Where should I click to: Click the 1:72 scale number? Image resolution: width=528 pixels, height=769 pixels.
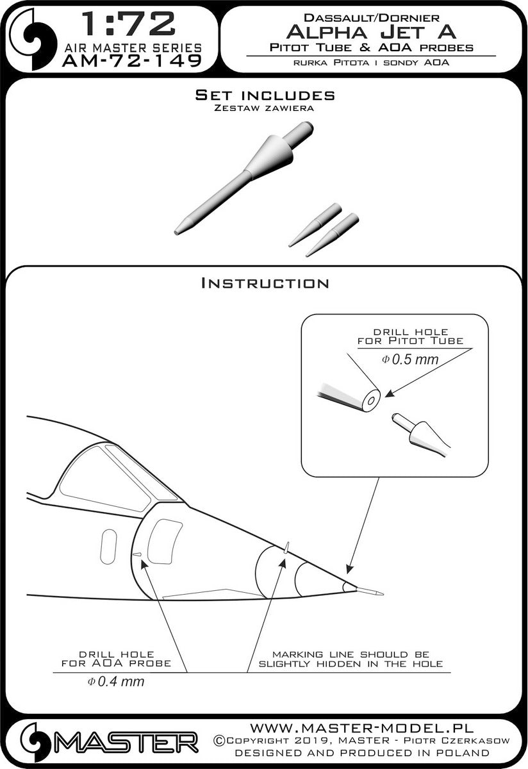[129, 24]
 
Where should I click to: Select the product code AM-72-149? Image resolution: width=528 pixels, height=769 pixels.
[132, 61]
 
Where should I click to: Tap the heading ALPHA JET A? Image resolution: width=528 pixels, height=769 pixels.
[371, 32]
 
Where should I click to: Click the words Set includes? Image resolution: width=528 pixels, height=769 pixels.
[265, 95]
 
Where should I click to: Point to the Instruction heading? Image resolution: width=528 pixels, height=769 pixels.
[265, 283]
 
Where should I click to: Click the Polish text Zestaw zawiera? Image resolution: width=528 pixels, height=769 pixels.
[263, 108]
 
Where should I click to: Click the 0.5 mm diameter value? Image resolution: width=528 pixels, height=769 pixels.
[410, 360]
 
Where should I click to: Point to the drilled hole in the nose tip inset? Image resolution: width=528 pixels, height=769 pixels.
[371, 401]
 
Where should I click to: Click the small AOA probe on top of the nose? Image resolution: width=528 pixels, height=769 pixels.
[286, 547]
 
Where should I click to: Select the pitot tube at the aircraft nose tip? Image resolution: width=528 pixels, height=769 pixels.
[370, 591]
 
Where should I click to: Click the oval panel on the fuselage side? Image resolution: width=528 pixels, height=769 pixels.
[108, 547]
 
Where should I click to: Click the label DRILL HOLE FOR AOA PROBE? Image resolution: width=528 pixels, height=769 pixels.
[117, 659]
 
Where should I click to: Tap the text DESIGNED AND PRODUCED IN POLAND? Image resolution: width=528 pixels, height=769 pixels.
[361, 752]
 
